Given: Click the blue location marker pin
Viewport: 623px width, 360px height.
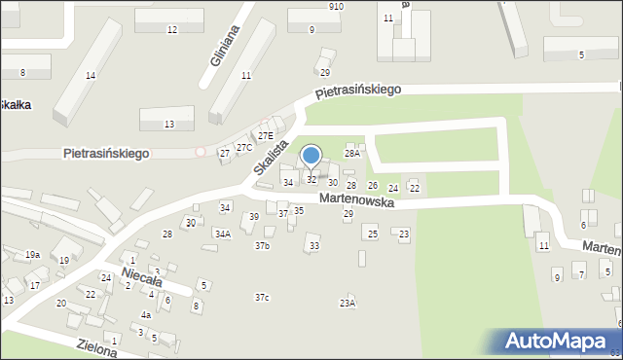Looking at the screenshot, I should (311, 156).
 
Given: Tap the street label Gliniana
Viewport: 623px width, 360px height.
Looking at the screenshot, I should (225, 45).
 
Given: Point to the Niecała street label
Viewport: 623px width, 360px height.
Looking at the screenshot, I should (142, 278).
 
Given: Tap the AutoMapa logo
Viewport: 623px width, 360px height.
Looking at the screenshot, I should (557, 342).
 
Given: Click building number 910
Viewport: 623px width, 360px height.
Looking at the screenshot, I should (336, 6).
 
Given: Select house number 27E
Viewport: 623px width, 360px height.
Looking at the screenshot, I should (265, 136).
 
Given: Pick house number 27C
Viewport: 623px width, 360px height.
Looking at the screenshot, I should (244, 148).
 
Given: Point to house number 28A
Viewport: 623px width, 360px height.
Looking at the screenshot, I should (352, 153).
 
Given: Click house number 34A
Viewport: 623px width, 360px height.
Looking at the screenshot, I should (223, 234).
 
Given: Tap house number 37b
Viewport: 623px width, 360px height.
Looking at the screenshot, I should (262, 246).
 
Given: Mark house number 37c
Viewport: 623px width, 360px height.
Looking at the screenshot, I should (262, 297).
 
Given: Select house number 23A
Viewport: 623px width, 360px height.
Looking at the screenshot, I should (347, 304).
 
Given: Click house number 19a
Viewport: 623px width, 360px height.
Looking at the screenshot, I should (32, 254).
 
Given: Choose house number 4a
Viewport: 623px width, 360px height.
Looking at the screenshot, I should (146, 315).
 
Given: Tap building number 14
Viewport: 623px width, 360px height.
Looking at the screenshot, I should (91, 76).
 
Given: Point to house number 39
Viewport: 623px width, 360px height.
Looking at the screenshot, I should (254, 217).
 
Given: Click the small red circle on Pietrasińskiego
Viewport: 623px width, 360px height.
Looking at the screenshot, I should (201, 152).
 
